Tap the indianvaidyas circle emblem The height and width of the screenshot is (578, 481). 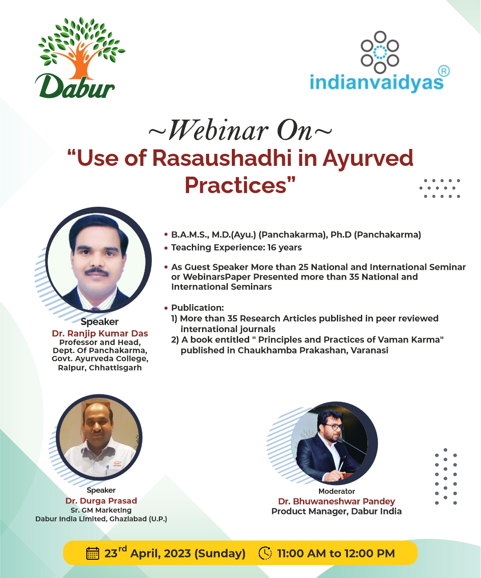[x=380, y=52]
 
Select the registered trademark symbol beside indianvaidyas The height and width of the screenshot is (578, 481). [x=444, y=71]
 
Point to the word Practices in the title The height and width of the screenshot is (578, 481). [x=235, y=185]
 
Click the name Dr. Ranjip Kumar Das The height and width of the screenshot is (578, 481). [x=100, y=333]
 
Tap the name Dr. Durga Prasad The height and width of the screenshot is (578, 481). [x=101, y=501]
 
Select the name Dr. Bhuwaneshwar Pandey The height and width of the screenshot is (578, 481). [x=337, y=502]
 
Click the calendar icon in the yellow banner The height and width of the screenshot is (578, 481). [x=93, y=554]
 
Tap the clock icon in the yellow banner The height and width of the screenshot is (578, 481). [x=265, y=553]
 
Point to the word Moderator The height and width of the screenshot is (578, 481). [x=337, y=491]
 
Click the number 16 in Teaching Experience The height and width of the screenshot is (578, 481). [x=271, y=247]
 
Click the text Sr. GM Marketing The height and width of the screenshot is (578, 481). [x=101, y=510]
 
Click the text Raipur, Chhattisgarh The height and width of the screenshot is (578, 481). [x=100, y=368]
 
